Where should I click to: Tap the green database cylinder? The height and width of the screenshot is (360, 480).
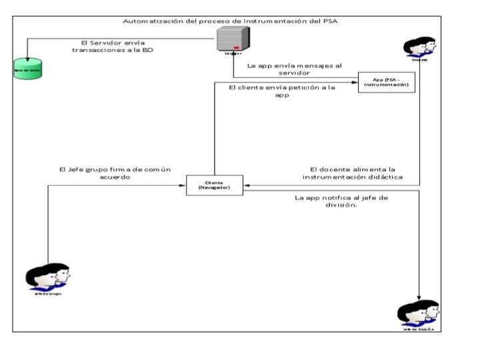point(27,70)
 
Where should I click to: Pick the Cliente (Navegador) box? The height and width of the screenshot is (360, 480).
point(214,185)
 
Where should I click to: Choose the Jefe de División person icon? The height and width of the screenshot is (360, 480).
point(418,313)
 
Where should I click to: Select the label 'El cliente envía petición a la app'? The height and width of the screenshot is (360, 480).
point(281,91)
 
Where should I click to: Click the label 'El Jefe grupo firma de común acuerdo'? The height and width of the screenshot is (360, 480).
point(115,173)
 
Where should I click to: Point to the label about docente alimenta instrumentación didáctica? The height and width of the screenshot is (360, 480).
point(353,173)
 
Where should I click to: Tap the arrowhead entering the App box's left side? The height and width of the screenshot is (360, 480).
point(355,82)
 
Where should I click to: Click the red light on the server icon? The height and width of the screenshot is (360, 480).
point(236,48)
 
